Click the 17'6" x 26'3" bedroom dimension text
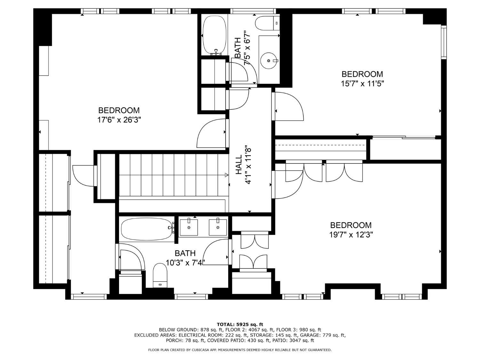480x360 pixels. (x=119, y=120)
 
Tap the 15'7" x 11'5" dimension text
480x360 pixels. (x=362, y=84)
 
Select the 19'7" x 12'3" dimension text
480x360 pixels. (x=351, y=235)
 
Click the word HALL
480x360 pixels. (x=239, y=164)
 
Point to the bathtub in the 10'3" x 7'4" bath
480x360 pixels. (x=147, y=229)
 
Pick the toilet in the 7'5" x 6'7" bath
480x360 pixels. (x=267, y=23)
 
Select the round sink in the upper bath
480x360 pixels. (x=269, y=60)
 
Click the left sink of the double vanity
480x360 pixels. (x=189, y=227)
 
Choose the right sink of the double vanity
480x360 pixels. (x=218, y=227)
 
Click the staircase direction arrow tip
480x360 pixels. (x=228, y=175)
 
